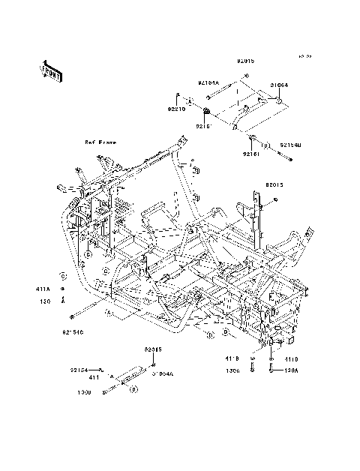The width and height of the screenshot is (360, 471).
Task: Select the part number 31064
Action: (279, 85)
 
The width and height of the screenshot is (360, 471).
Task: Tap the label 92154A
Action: (209, 83)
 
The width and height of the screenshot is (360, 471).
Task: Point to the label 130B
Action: (88, 391)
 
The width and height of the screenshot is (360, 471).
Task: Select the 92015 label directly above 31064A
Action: (153, 349)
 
